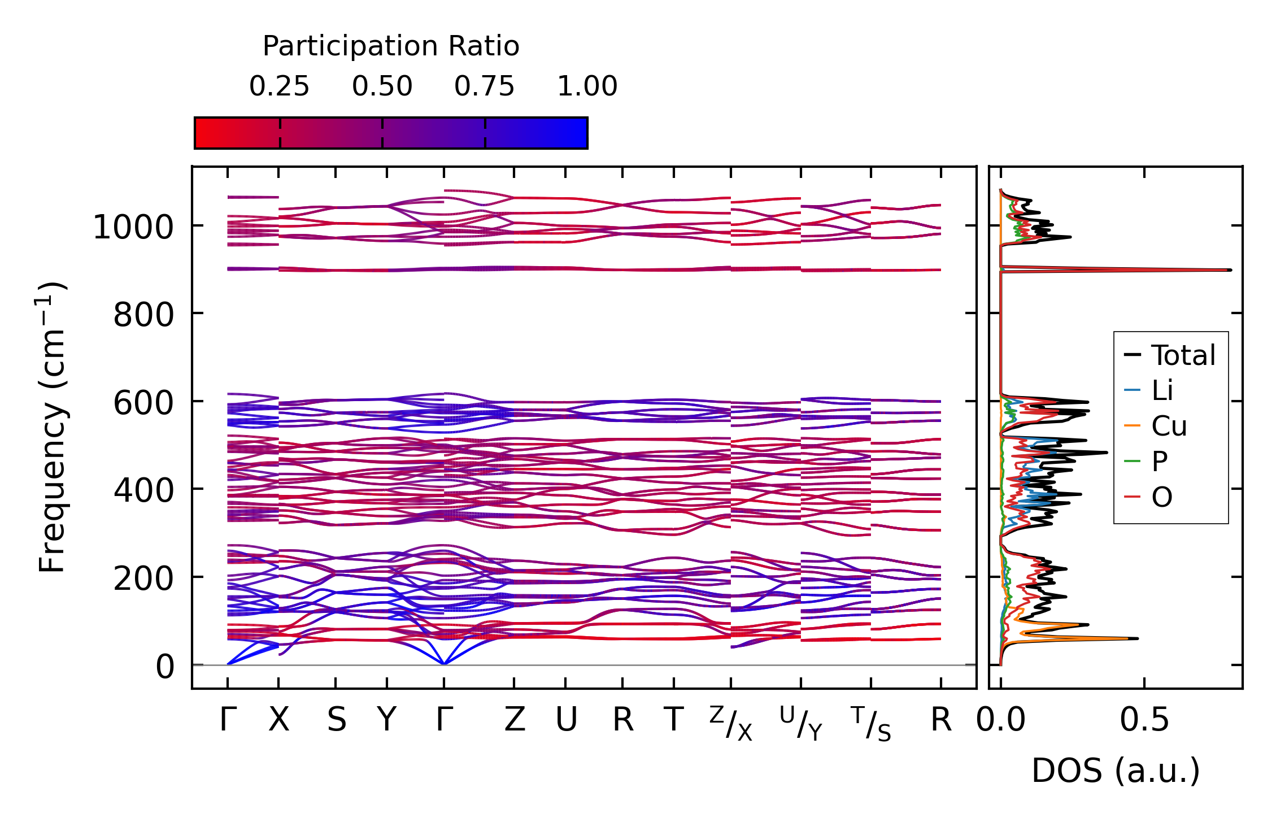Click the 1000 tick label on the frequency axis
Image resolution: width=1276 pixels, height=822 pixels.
(133, 228)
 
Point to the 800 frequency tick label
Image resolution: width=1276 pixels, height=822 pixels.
(143, 315)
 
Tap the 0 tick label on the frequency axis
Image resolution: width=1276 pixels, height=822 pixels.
(165, 667)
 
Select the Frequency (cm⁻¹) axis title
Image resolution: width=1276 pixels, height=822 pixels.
(52, 427)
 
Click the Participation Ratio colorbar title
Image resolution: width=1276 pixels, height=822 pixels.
(391, 46)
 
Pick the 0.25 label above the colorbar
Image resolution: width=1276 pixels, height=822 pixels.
(279, 86)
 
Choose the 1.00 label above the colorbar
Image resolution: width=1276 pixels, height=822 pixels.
(587, 86)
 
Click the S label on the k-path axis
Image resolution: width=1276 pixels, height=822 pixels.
(336, 720)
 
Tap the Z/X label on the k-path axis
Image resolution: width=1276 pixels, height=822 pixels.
(731, 723)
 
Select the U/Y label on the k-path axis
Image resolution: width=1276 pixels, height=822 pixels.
(801, 723)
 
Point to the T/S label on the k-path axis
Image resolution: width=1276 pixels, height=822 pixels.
(870, 723)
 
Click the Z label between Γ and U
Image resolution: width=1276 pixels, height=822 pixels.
(514, 720)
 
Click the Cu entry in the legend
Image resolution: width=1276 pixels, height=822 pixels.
(1169, 426)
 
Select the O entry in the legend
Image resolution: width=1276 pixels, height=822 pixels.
(1161, 497)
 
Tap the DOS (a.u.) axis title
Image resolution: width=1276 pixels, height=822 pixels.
(1116, 771)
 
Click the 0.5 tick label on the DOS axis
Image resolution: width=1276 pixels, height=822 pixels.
(1144, 720)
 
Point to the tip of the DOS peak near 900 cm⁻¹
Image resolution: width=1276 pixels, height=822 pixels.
(1230, 269)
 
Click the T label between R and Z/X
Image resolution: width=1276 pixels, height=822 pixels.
(673, 720)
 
